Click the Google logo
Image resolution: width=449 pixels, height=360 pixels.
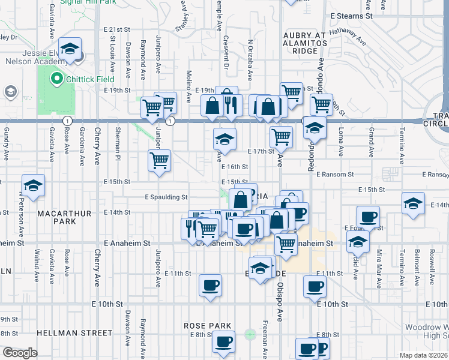[19, 352]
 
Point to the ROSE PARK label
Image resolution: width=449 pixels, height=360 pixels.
[208, 326]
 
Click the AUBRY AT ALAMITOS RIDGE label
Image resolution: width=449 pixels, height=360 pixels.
[305, 43]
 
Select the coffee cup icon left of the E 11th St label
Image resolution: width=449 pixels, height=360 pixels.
[209, 286]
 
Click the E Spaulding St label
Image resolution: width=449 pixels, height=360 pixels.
[166, 197]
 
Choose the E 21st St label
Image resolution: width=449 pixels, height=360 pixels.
[116, 29]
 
